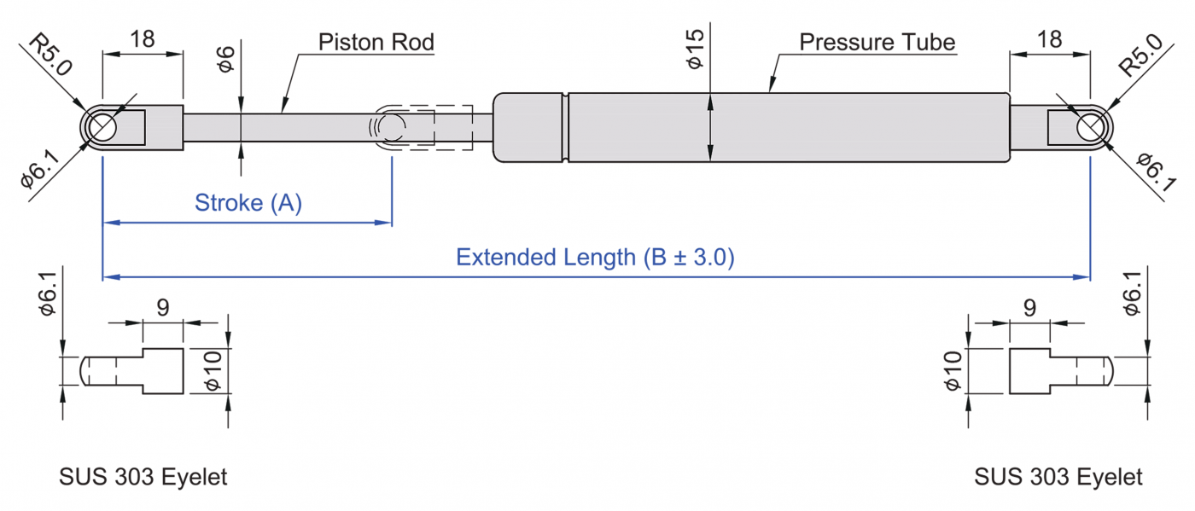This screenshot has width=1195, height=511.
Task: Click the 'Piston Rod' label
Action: (x=376, y=42)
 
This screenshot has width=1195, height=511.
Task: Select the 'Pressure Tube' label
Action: (x=877, y=42)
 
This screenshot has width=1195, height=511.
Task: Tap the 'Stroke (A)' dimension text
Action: (x=248, y=203)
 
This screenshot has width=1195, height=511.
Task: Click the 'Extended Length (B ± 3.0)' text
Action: (x=595, y=257)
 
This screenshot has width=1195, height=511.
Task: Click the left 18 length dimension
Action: (x=142, y=38)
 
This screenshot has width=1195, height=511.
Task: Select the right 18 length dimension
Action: (x=1050, y=38)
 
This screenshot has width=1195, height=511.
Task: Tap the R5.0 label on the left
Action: (x=50, y=55)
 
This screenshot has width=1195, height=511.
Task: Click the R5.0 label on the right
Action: (x=1141, y=55)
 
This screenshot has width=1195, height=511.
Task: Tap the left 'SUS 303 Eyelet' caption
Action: (x=143, y=477)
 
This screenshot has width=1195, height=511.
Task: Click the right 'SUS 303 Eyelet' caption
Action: (x=1058, y=477)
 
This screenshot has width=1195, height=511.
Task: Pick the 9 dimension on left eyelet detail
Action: (x=162, y=307)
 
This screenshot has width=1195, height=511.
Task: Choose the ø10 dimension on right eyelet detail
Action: (x=953, y=371)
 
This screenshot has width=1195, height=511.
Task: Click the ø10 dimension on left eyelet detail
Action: (x=215, y=371)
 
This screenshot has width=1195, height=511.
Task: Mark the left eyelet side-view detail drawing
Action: (x=133, y=371)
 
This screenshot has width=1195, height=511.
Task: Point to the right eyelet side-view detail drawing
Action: (x=1061, y=371)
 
